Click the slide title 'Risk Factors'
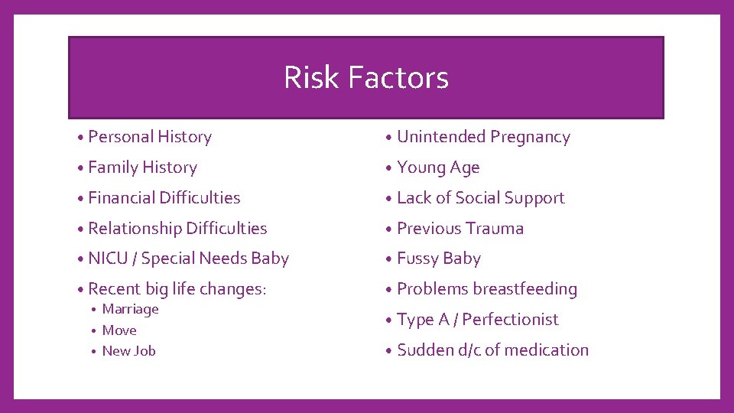coord(365,77)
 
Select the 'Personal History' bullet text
coord(150,137)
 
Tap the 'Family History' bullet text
coord(142,167)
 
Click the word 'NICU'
coord(108,259)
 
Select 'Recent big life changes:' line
coord(177,289)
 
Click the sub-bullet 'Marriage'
coord(130,309)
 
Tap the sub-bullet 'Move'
coord(119,330)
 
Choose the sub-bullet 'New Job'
coord(128,351)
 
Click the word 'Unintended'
coord(441,137)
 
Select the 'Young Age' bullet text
coord(438,167)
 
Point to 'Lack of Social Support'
coord(480,198)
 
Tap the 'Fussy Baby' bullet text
coord(439,259)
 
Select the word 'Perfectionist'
coord(511,320)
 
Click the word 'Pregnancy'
coord(530,138)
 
